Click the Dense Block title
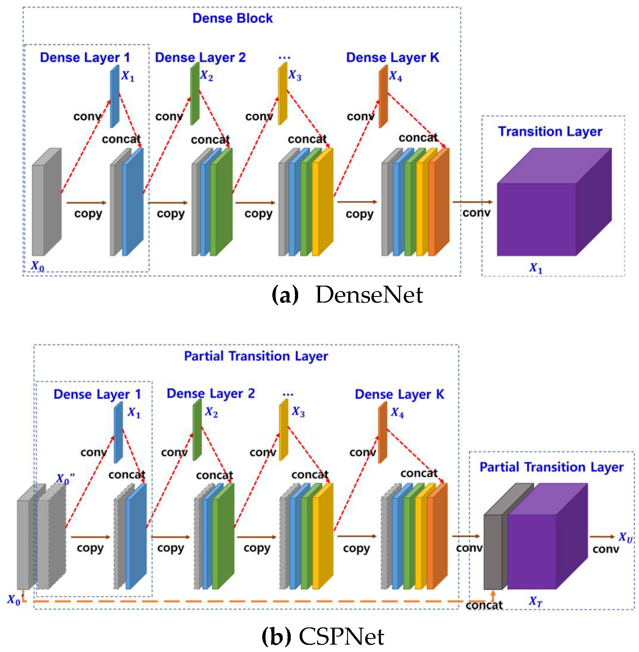(232, 18)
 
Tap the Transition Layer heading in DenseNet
(550, 131)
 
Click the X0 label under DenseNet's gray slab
(37, 266)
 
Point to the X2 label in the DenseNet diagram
(206, 76)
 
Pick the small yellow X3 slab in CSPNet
(284, 430)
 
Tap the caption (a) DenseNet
(347, 295)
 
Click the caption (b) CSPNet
(323, 636)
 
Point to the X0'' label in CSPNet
(65, 478)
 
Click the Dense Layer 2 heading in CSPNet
(211, 393)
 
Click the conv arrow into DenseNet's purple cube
(472, 202)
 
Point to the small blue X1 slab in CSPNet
(118, 433)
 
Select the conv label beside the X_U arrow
(605, 549)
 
